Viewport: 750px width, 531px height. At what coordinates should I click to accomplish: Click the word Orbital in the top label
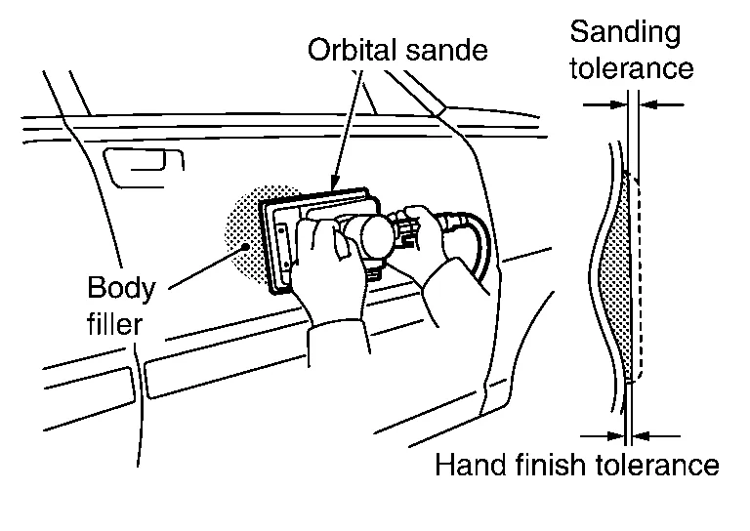pyautogui.click(x=346, y=49)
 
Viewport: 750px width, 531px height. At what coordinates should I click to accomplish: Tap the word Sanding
pyautogui.click(x=625, y=31)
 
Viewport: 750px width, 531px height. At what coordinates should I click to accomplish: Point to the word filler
pyautogui.click(x=114, y=322)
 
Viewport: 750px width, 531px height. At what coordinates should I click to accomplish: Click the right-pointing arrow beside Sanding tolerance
pyautogui.click(x=604, y=102)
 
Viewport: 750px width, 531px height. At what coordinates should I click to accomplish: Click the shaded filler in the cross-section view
pyautogui.click(x=614, y=283)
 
